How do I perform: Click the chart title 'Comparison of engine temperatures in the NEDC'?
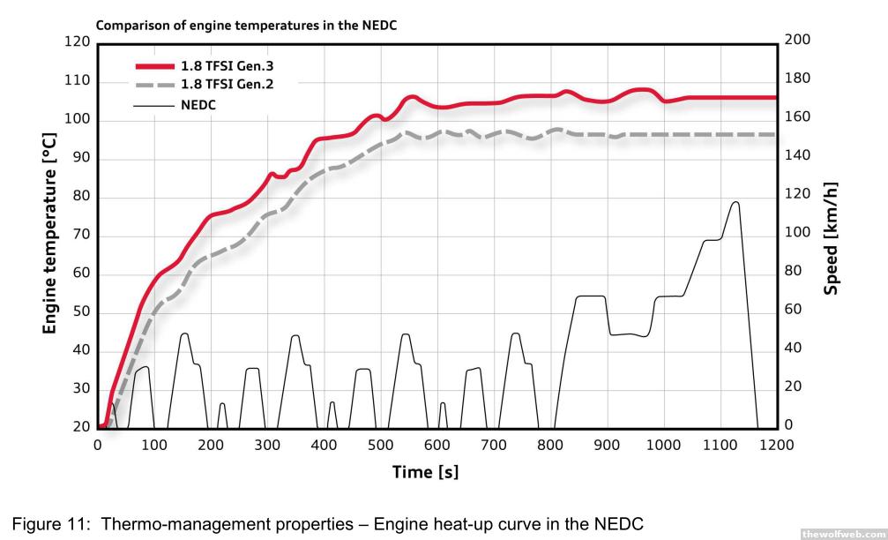point(246,26)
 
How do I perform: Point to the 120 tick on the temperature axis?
point(79,42)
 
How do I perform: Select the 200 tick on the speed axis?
point(796,41)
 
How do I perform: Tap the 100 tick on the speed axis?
point(796,233)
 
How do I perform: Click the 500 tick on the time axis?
point(380,445)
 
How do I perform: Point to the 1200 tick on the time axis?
point(776,445)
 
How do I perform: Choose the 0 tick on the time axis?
point(98,445)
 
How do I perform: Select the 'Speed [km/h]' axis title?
point(831,239)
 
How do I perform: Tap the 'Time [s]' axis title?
point(425,472)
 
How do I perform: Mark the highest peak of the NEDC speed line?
point(735,202)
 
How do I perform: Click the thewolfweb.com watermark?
point(841,533)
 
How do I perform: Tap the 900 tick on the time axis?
point(607,445)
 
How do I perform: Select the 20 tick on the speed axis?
point(793,386)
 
